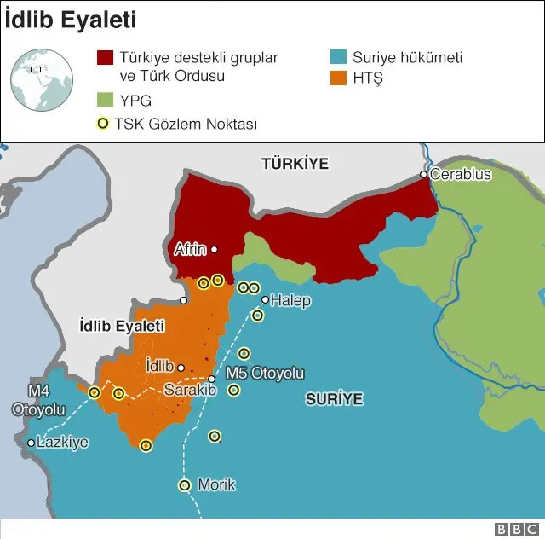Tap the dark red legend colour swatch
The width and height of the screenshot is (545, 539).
click(x=105, y=58)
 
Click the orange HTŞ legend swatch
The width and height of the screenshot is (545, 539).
click(x=338, y=79)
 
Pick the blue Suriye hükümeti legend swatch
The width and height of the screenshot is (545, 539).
click(x=338, y=58)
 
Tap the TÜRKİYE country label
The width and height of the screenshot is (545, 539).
click(x=295, y=163)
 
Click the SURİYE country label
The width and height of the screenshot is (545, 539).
click(x=334, y=398)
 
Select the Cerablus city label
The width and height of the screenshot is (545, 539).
click(x=461, y=174)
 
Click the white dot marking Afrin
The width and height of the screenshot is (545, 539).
click(x=215, y=250)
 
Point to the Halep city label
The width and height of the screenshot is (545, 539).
click(x=291, y=300)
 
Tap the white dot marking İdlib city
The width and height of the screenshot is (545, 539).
click(x=181, y=368)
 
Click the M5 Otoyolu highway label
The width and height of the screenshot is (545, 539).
click(x=264, y=374)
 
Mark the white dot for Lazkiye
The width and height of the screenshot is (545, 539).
click(x=31, y=443)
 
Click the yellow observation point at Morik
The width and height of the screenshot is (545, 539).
click(x=184, y=485)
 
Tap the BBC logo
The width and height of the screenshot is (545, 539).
click(x=514, y=529)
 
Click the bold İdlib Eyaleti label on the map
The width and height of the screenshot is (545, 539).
click(x=121, y=327)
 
